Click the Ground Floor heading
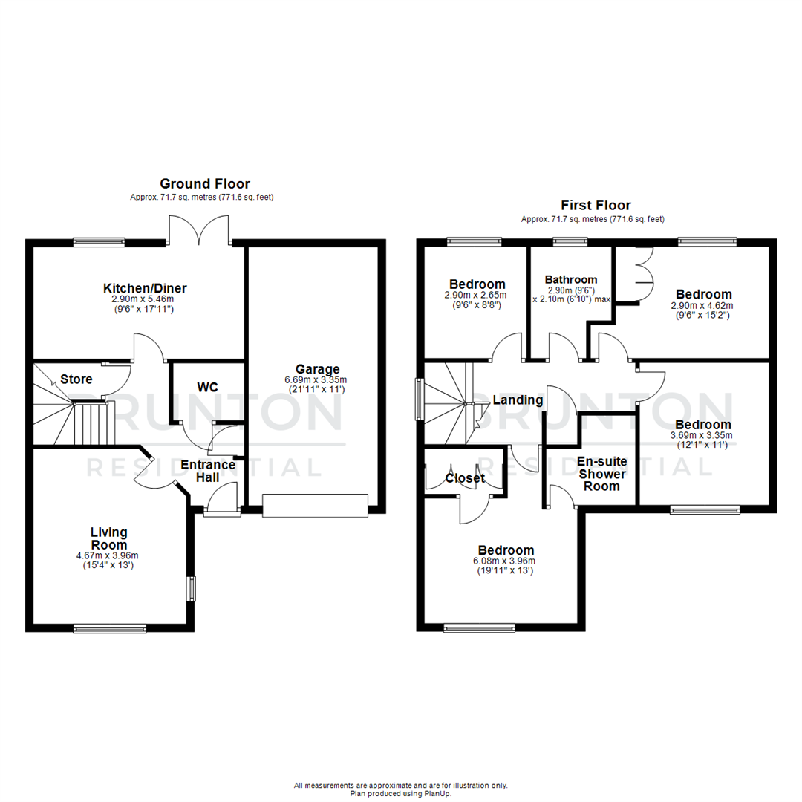click(x=206, y=183)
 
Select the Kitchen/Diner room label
click(x=145, y=288)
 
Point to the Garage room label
click(x=317, y=369)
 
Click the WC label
click(x=207, y=387)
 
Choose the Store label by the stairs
click(x=76, y=379)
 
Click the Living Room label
click(x=109, y=539)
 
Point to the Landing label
click(x=518, y=400)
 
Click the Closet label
click(x=465, y=478)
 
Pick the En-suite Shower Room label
click(x=601, y=474)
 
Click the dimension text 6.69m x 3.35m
click(x=317, y=380)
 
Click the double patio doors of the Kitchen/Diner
click(x=198, y=230)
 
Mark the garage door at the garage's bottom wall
click(x=316, y=506)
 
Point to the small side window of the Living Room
click(x=191, y=588)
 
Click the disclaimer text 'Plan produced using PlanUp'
click(x=401, y=794)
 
